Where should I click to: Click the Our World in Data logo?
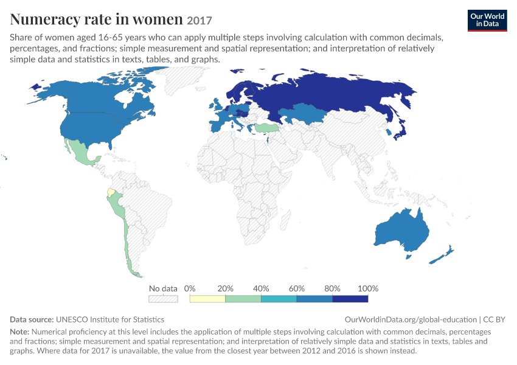coord(487,21)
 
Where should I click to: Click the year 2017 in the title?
coord(199,21)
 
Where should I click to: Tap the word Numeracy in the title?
coord(45,19)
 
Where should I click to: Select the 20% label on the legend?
coord(225,288)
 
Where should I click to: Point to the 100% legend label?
coord(368,288)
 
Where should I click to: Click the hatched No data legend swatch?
coord(163,299)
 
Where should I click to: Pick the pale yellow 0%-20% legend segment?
coord(207,299)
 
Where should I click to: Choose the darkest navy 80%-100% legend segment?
coord(350,299)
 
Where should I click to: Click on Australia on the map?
coord(403,231)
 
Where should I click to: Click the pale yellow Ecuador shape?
coord(111,193)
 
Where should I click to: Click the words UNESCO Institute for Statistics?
coord(110,319)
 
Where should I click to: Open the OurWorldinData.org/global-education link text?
coord(411,319)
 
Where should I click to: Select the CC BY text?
coord(494,319)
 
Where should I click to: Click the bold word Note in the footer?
coord(19,332)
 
